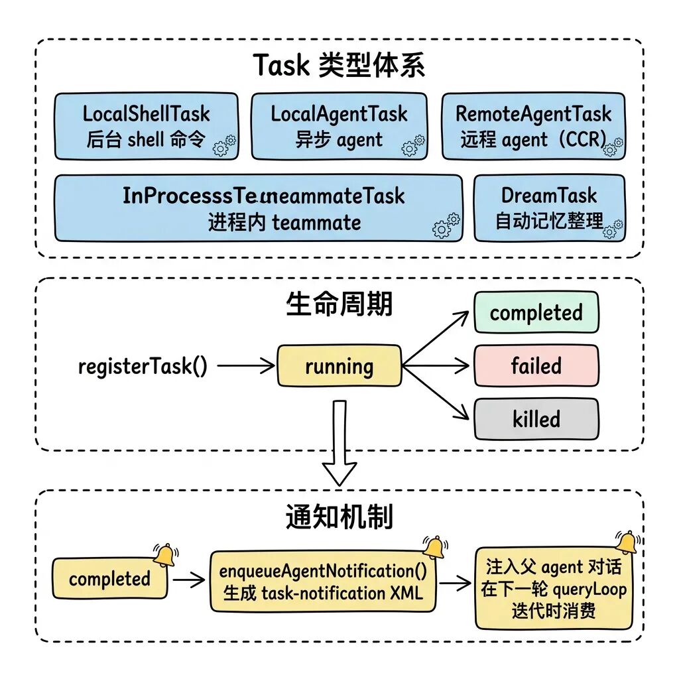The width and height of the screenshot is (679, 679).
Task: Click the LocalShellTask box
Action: pos(146,126)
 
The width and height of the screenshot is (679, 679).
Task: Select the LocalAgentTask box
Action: pos(339,126)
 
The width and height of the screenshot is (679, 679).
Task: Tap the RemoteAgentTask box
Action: pos(533,126)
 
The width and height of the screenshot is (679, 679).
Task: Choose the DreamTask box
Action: pos(549,208)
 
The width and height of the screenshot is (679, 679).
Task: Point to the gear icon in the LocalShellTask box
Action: pos(224,145)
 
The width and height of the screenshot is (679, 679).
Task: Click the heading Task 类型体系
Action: pos(339,66)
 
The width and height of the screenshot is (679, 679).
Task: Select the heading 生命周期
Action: pos(339,304)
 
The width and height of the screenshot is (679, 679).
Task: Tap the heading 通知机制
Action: pos(339,517)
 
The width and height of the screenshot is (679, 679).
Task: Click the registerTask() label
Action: pos(143,366)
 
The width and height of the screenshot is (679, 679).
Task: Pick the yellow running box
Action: pos(339,366)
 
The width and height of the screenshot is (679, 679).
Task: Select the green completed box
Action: pos(536,312)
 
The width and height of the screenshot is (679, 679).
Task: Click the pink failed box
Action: pos(536,365)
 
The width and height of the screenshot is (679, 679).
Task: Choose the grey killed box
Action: pos(536,419)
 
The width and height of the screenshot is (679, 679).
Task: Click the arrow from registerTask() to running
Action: pos(245,365)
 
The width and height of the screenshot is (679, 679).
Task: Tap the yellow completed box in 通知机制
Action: pos(109,579)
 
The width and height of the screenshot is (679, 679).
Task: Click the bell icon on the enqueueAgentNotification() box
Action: pos(434,548)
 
